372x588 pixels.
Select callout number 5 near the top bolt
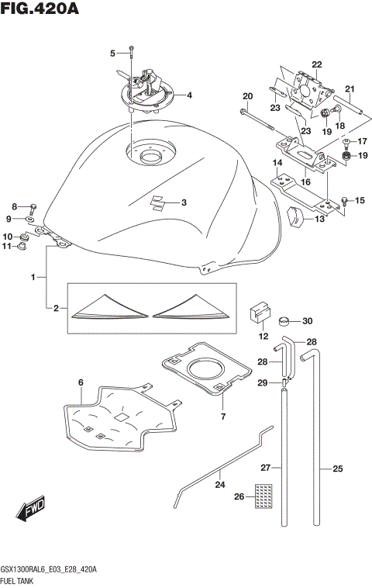[112, 53]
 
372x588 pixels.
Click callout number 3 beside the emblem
[184, 203]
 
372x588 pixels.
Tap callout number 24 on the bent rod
[220, 484]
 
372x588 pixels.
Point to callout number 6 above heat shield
[80, 381]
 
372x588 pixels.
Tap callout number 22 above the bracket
[316, 64]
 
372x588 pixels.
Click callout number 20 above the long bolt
[248, 96]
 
